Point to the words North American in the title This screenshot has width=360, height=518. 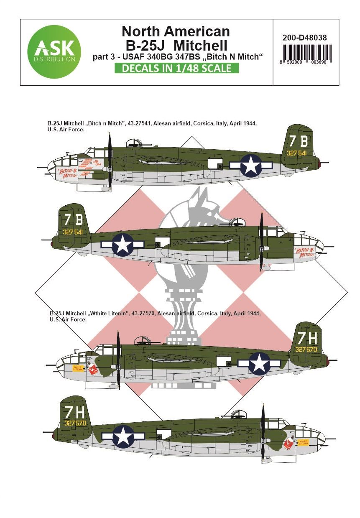click(x=176, y=31)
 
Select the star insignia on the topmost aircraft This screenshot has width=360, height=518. click(x=251, y=165)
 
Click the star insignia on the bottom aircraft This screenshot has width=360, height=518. click(x=123, y=436)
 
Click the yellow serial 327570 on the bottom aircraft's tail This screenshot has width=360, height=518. click(x=75, y=423)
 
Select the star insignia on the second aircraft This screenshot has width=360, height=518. click(x=123, y=245)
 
